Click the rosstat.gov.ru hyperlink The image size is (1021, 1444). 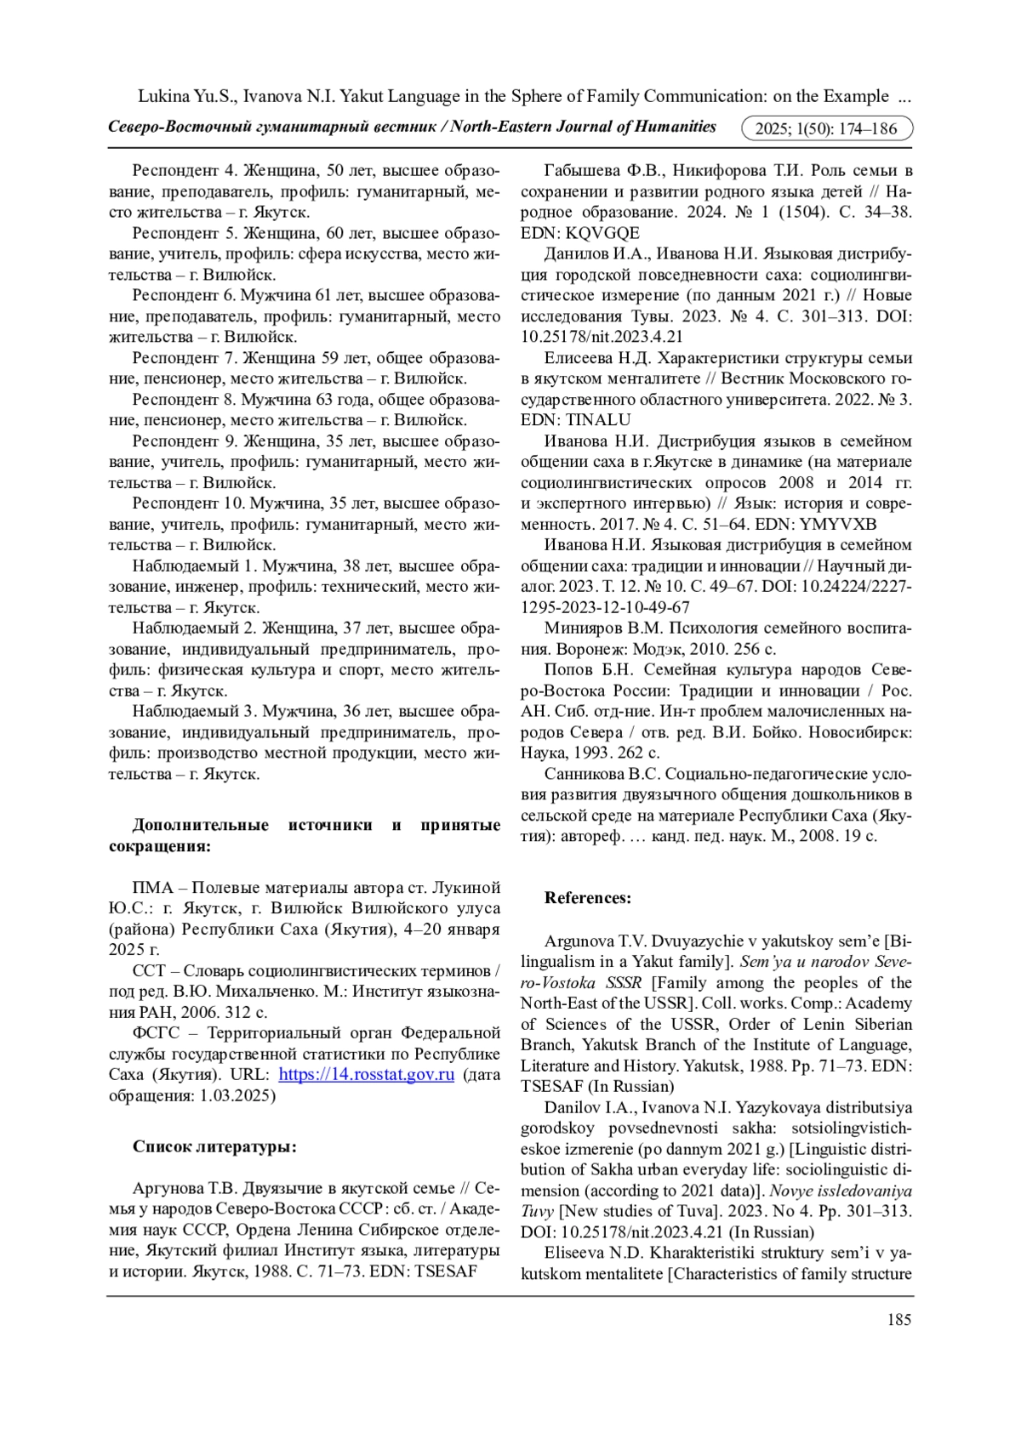(366, 1074)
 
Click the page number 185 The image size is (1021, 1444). (898, 1319)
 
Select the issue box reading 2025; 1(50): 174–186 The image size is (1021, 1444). (827, 128)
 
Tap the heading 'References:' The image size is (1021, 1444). (588, 898)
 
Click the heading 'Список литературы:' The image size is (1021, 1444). (214, 1146)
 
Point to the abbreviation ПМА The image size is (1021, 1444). (153, 887)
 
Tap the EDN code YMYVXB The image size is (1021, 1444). (838, 524)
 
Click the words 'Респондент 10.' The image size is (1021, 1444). (176, 503)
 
